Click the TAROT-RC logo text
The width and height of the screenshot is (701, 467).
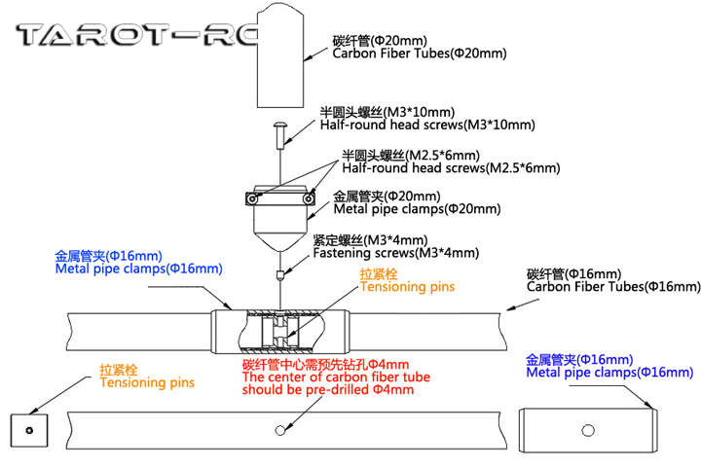point(136,37)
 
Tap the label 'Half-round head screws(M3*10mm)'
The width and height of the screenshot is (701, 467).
point(427,125)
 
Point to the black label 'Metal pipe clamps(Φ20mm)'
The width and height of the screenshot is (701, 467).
point(417,208)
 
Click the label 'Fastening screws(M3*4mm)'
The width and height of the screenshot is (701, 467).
point(395,253)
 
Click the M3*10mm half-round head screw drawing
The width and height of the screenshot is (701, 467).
point(279,132)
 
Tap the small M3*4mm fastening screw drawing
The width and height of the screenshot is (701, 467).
point(279,272)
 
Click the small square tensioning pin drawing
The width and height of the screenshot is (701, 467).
point(30,429)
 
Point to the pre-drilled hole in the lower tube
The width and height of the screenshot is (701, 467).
point(279,429)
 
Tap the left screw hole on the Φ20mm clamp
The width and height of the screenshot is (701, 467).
point(253,198)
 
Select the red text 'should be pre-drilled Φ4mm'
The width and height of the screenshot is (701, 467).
point(327,390)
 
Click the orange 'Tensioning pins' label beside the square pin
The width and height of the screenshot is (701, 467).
point(147,382)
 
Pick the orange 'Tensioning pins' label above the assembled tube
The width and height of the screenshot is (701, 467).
point(407,287)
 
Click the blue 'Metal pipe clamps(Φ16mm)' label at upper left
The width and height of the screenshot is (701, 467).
point(138,269)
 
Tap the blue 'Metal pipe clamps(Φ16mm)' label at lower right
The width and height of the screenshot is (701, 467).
point(609,373)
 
